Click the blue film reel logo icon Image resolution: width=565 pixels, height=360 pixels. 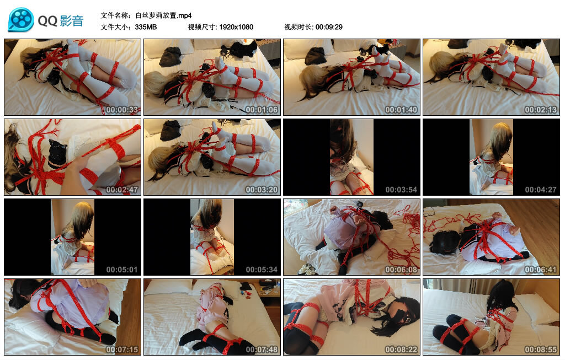tap(21, 20)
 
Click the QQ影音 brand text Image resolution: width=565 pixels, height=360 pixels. tap(61, 21)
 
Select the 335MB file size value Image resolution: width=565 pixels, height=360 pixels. tap(146, 27)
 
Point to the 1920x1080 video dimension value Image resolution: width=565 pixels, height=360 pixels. tap(236, 27)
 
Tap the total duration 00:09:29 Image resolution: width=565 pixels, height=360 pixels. tap(329, 27)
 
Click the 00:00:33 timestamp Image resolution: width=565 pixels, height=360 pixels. tap(122, 110)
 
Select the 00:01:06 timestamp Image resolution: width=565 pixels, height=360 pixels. tap(262, 110)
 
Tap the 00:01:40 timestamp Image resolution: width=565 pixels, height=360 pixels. tap(401, 110)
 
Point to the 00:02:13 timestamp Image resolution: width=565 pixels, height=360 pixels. tap(541, 110)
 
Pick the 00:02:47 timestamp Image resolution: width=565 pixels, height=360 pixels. tap(122, 189)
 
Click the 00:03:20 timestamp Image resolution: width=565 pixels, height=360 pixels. tap(262, 189)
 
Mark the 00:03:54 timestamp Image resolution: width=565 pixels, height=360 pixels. tap(401, 189)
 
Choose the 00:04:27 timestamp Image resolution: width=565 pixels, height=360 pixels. tap(541, 189)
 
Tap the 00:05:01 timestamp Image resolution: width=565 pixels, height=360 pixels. tap(122, 269)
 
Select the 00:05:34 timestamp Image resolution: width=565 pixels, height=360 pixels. tap(262, 269)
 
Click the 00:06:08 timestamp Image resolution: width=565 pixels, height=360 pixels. tap(401, 269)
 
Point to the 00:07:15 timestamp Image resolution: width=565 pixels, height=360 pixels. tap(122, 349)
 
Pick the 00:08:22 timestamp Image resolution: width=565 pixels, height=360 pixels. tap(401, 349)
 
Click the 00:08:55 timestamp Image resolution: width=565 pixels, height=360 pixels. tap(541, 349)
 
